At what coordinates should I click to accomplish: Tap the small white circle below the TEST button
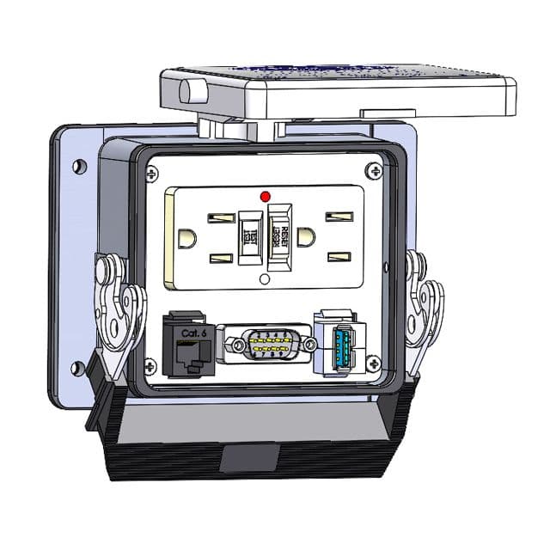(x=265, y=280)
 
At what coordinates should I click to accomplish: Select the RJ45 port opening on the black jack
(x=186, y=352)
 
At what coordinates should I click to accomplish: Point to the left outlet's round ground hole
(x=183, y=235)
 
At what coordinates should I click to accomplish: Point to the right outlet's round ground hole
(x=305, y=235)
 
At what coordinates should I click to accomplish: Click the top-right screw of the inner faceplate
(x=370, y=171)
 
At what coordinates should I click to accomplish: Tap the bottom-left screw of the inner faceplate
(x=151, y=366)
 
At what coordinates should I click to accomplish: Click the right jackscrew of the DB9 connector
(x=305, y=346)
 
